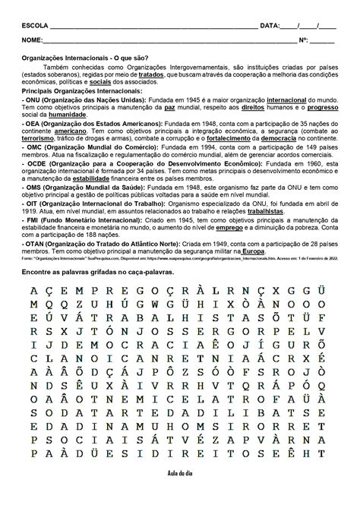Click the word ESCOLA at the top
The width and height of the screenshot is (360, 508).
(x=35, y=25)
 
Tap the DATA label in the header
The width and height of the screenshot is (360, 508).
(x=270, y=25)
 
